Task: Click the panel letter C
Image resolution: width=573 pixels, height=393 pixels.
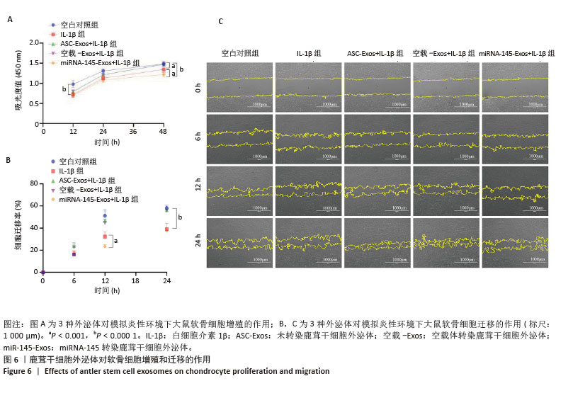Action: pyautogui.click(x=220, y=21)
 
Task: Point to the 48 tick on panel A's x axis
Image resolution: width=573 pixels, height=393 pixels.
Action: pyautogui.click(x=164, y=131)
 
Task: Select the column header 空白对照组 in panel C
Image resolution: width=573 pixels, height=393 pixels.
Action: pyautogui.click(x=239, y=53)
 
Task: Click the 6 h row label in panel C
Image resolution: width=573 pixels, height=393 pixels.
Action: pyautogui.click(x=198, y=137)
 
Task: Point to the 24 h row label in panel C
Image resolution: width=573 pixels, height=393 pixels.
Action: pyautogui.click(x=198, y=243)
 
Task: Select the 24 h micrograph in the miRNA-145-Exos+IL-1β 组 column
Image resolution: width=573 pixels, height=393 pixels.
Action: pyautogui.click(x=514, y=243)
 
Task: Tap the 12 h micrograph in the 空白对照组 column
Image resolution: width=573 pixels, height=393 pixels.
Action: pyautogui.click(x=239, y=190)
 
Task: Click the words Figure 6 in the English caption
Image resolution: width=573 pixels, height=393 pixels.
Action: pyautogui.click(x=20, y=371)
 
